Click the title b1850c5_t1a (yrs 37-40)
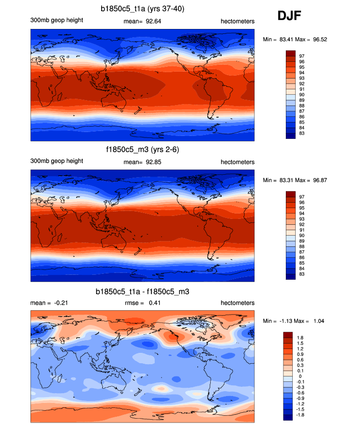tap(142, 8)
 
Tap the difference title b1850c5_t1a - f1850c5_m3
tap(142, 292)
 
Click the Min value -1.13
tap(281, 321)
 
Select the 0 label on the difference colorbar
tap(300, 376)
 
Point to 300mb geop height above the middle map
tap(56, 161)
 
